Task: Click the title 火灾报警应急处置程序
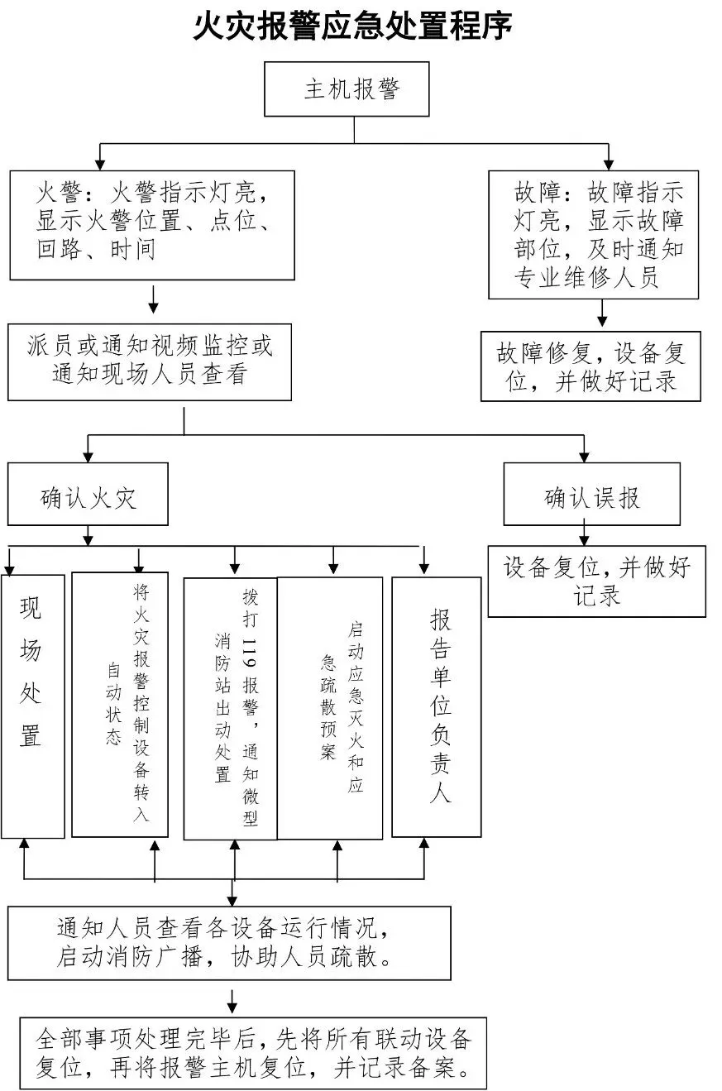[x=353, y=26]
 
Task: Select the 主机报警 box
[x=347, y=89]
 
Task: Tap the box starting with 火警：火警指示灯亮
[x=152, y=225]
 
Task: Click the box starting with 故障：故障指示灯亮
[x=593, y=234]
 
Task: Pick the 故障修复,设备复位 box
[x=591, y=366]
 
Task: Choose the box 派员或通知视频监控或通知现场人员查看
[x=150, y=361]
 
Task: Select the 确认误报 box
[x=591, y=494]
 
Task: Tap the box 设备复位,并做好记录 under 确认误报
[x=596, y=581]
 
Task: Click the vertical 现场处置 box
[x=32, y=706]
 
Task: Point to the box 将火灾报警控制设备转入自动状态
[x=120, y=704]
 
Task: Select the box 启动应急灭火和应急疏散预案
[x=330, y=708]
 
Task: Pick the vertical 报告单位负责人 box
[x=436, y=706]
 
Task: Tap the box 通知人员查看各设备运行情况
[x=230, y=943]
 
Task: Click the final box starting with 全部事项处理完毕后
[x=253, y=1052]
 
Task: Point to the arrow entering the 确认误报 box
[x=584, y=453]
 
